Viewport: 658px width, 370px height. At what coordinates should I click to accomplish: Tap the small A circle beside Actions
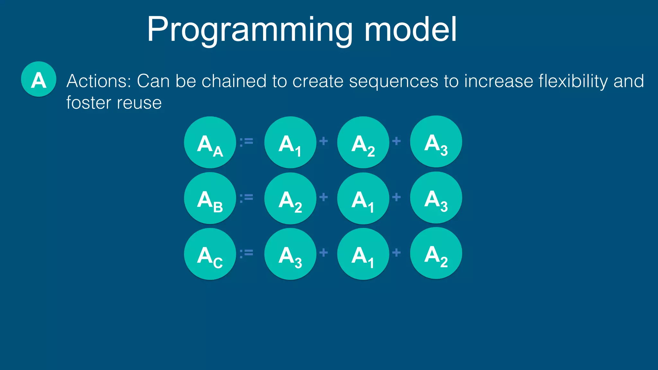click(x=39, y=79)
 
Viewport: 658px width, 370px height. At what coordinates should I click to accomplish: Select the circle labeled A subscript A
click(x=210, y=142)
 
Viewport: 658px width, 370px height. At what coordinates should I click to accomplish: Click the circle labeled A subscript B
click(x=210, y=198)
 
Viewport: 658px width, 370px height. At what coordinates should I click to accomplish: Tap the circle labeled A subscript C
click(x=210, y=254)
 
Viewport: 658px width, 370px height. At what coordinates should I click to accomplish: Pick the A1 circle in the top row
click(x=290, y=142)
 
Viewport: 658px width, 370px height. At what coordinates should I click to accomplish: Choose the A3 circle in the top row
click(x=436, y=142)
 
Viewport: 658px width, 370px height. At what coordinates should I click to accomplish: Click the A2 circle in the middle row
click(x=290, y=198)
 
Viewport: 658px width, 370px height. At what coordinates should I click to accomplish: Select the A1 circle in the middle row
click(x=363, y=198)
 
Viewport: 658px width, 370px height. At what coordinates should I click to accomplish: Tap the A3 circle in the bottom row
click(x=290, y=254)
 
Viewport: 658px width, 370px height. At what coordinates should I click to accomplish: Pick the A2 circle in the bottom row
click(x=436, y=253)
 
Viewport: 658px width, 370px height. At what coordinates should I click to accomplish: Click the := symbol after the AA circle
click(x=246, y=141)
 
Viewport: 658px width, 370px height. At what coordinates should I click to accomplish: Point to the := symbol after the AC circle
click(x=246, y=253)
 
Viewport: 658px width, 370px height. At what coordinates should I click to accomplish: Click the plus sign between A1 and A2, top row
click(x=324, y=141)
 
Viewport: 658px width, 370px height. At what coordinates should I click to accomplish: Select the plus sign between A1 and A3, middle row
click(x=396, y=197)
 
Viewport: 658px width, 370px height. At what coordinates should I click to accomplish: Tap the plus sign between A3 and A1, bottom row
click(x=324, y=252)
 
